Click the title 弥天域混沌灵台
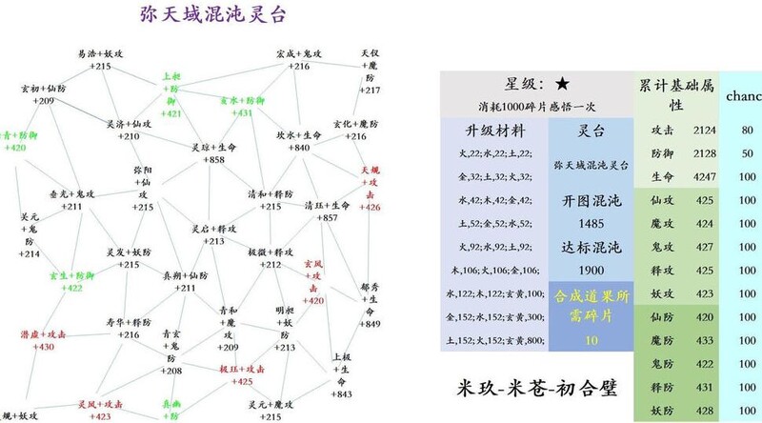tap(211, 15)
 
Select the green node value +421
tap(172, 114)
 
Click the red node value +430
tap(44, 348)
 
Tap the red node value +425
tap(240, 381)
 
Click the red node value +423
tap(102, 416)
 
